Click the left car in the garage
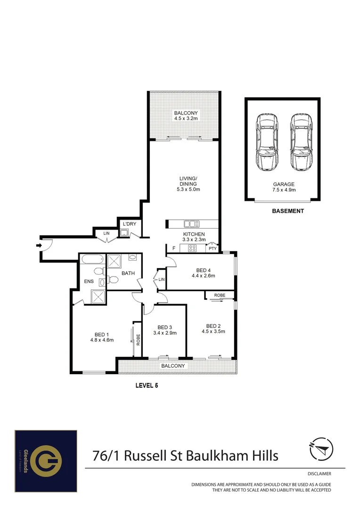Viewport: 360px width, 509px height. (266, 143)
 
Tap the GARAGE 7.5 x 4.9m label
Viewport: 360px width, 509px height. (283, 187)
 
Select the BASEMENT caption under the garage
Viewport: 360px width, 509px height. (288, 211)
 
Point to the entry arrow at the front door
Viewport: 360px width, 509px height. (39, 245)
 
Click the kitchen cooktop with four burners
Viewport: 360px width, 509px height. (192, 248)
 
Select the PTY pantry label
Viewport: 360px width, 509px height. (213, 248)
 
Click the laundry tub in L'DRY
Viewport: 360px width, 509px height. (124, 232)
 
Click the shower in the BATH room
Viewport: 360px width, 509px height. (114, 261)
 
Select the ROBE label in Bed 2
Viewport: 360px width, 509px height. (220, 295)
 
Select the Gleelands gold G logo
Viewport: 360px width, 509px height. (46, 460)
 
